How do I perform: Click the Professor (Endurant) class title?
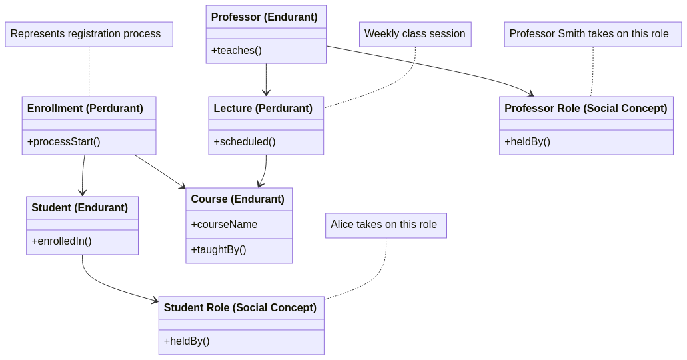[x=265, y=17]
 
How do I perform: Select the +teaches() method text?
[x=237, y=51]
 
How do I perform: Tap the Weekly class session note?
[x=414, y=34]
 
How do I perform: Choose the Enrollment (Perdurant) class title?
[x=85, y=109]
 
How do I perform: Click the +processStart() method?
[x=64, y=142]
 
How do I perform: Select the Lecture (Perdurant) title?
[x=263, y=109]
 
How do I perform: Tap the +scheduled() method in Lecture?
[x=245, y=142]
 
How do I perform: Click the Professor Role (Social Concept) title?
[x=586, y=109]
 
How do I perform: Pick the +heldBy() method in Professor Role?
[x=528, y=142]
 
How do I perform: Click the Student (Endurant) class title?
[x=80, y=208]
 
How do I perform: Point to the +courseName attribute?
[x=225, y=225]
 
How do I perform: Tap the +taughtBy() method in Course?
[x=219, y=250]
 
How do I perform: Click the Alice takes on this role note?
[x=384, y=225]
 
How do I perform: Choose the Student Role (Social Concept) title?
[x=240, y=308]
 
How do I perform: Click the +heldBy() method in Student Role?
[x=187, y=341]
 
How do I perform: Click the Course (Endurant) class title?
[x=238, y=199]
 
